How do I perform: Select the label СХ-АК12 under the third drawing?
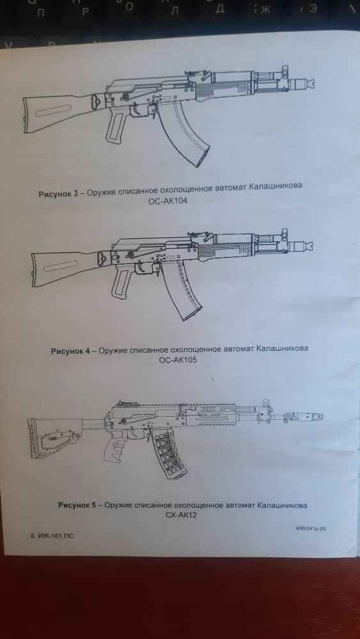point(181,516)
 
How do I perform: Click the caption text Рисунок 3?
point(58,194)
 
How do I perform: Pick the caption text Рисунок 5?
point(77,505)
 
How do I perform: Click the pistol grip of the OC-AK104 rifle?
point(116,127)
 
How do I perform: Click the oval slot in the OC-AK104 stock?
point(53,111)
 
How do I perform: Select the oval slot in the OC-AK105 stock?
point(61,266)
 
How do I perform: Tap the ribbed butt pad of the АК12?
point(32,438)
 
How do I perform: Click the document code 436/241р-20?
point(310,528)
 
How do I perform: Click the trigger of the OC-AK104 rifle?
point(136,110)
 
